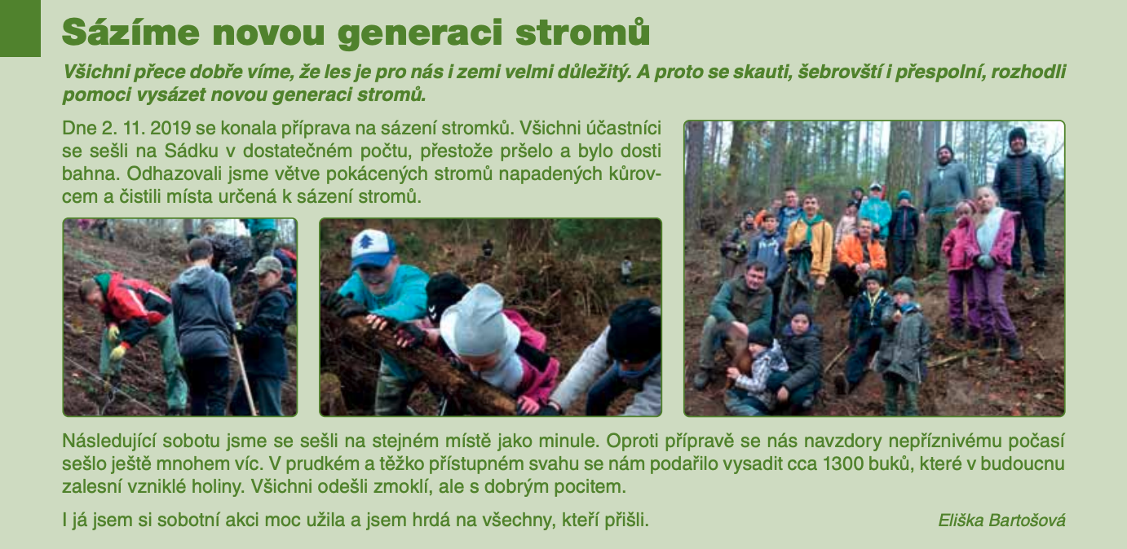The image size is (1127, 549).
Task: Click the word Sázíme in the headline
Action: click(130, 33)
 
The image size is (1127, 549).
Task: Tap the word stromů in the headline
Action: click(582, 33)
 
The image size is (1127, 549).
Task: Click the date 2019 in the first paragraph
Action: click(170, 128)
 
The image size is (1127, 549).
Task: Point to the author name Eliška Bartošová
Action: click(1001, 520)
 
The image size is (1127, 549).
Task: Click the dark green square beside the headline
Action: click(20, 29)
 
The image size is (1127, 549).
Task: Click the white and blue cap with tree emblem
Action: click(373, 249)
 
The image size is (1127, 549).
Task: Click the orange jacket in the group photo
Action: click(860, 253)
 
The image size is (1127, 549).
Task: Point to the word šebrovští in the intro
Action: click(838, 72)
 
